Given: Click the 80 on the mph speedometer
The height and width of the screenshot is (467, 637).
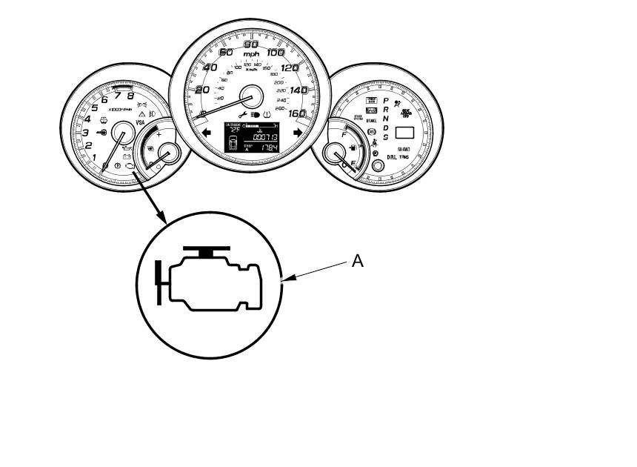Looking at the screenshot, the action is (250, 44).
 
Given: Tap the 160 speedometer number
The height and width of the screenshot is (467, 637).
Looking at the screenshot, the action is (297, 113).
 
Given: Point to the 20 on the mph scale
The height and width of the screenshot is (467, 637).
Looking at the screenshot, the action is (202, 90).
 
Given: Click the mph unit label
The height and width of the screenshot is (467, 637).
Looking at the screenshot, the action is (251, 55).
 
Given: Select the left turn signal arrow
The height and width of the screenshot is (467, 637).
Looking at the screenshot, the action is (205, 133).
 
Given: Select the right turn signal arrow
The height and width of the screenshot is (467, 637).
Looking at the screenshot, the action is (298, 133).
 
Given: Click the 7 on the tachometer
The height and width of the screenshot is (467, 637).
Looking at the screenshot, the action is (117, 96).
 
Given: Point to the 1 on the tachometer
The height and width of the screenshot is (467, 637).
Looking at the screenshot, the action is (94, 157).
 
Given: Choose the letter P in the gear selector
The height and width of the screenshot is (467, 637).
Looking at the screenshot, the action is (385, 100).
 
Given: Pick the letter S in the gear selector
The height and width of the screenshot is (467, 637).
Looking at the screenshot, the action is (385, 137).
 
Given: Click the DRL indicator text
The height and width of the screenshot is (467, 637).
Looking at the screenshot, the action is (391, 157).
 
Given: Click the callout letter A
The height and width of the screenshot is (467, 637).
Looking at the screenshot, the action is (357, 261).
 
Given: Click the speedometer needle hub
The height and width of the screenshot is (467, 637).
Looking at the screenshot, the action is (251, 97).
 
